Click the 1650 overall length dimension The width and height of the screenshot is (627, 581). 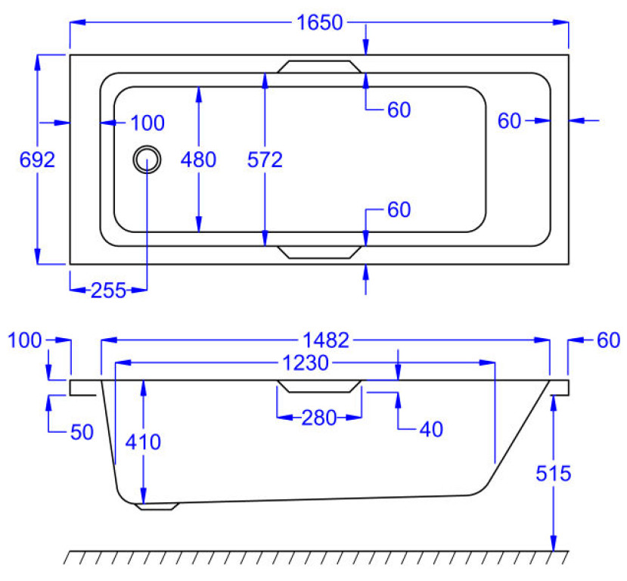319,23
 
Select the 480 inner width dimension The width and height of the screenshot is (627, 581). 199,160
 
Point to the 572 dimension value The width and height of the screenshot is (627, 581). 265,160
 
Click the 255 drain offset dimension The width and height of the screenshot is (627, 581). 107,290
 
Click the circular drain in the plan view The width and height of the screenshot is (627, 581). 147,159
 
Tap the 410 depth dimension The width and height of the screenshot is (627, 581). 144,442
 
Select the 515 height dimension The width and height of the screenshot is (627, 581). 554,474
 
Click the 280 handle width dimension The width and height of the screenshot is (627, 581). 318,418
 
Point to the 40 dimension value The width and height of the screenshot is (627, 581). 432,430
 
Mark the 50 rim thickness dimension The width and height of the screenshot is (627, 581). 81,433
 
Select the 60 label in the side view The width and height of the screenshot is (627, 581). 607,340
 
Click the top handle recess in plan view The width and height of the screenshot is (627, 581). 318,67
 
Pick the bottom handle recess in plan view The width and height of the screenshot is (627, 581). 318,252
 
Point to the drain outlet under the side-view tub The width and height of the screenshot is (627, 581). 157,506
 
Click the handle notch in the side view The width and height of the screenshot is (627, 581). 318,387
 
